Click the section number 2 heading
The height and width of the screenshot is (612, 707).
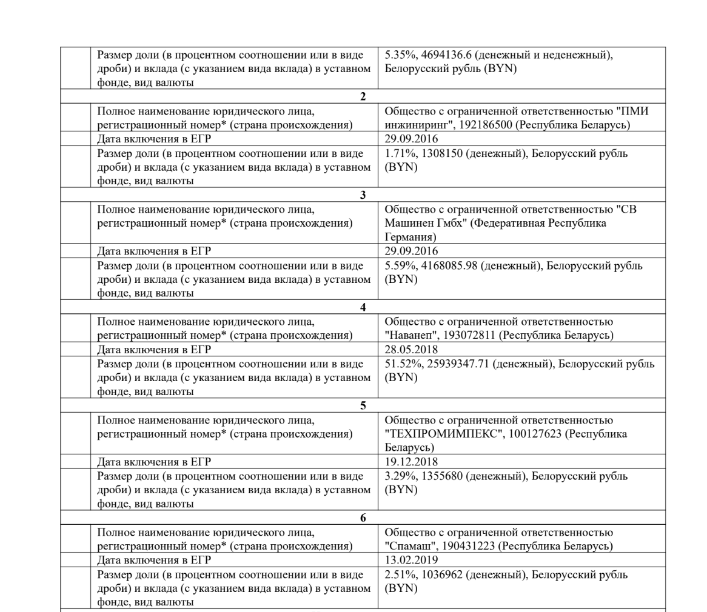(363, 97)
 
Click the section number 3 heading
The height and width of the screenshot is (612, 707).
(363, 195)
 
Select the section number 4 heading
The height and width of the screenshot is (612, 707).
(363, 307)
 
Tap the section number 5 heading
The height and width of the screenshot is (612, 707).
(363, 406)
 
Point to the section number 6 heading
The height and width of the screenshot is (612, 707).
(363, 518)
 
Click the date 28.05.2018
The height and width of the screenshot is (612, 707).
(411, 350)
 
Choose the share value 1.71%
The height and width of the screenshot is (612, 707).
(398, 153)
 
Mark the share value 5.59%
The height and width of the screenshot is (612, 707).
(398, 265)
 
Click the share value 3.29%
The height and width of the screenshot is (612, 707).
(398, 476)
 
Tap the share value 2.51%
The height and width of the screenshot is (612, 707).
(398, 574)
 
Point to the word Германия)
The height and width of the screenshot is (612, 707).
(410, 237)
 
